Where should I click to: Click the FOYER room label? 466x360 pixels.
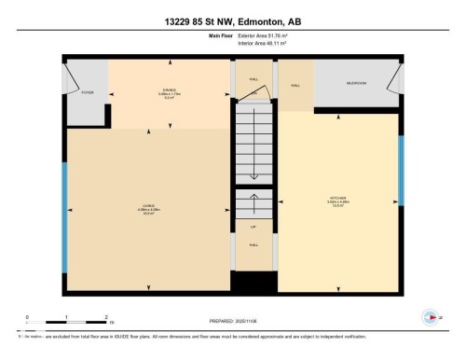point(88,93)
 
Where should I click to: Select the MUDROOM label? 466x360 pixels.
point(356,84)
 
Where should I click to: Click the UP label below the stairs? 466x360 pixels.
point(253,228)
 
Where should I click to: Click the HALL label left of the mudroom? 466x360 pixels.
point(295,86)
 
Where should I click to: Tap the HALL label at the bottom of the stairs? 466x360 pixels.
point(253,244)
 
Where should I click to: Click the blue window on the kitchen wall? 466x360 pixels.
point(402,171)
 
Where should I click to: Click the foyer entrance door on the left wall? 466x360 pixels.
point(68,78)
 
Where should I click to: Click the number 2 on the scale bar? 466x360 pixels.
point(106,317)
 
